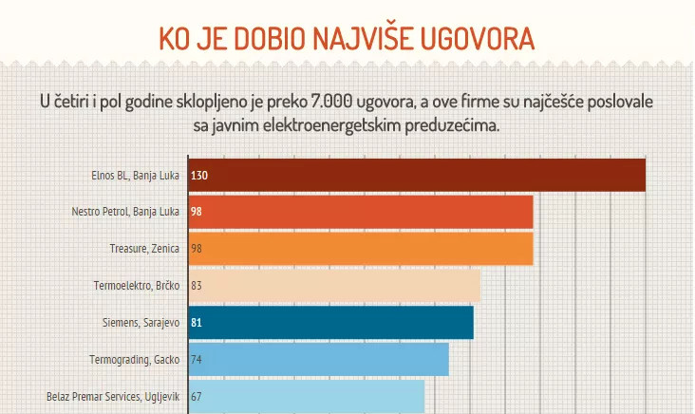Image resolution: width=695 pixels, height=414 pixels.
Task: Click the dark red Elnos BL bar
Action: point(418,176)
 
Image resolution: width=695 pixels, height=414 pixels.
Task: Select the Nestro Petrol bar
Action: point(361,212)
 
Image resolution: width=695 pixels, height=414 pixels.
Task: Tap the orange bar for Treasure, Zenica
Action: point(361,248)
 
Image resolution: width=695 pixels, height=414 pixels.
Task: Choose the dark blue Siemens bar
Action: point(331,322)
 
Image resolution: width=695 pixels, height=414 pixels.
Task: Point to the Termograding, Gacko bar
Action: point(319,360)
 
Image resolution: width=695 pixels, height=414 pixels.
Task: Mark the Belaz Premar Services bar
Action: point(307,397)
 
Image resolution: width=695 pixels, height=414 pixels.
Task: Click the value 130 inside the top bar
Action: point(199,176)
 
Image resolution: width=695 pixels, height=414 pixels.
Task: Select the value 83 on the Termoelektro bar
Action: point(197,285)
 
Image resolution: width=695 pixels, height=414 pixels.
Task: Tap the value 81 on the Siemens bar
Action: point(197,323)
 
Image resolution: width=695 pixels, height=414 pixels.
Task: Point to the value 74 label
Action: point(197,360)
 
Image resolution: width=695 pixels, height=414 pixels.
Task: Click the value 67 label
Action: point(197,397)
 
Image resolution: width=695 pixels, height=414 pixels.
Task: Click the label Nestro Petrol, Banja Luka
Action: point(125,212)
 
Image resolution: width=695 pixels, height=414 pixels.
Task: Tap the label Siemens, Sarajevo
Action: point(141,323)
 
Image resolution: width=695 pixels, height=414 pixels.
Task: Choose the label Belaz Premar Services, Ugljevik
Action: point(113,397)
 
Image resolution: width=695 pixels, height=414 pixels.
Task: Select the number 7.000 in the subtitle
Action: point(353,102)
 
